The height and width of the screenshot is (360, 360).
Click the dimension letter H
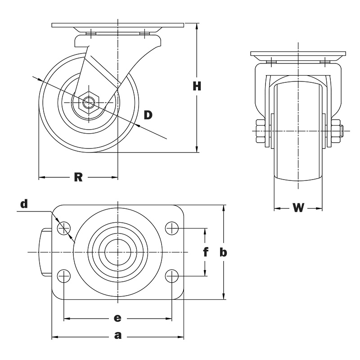pyautogui.click(x=197, y=86)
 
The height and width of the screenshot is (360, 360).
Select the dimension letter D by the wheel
pyautogui.click(x=148, y=115)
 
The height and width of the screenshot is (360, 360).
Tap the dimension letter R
pyautogui.click(x=78, y=177)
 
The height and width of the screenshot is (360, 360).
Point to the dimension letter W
pyautogui.click(x=298, y=207)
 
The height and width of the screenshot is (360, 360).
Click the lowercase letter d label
pyautogui.click(x=24, y=203)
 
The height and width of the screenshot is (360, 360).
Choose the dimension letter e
pyautogui.click(x=117, y=318)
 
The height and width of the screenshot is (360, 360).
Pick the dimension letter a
pyautogui.click(x=118, y=335)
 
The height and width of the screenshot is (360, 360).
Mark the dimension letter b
pyautogui.click(x=223, y=252)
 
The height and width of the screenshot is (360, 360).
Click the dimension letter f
pyautogui.click(x=206, y=252)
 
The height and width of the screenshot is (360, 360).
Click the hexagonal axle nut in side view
pyautogui.click(x=88, y=103)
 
